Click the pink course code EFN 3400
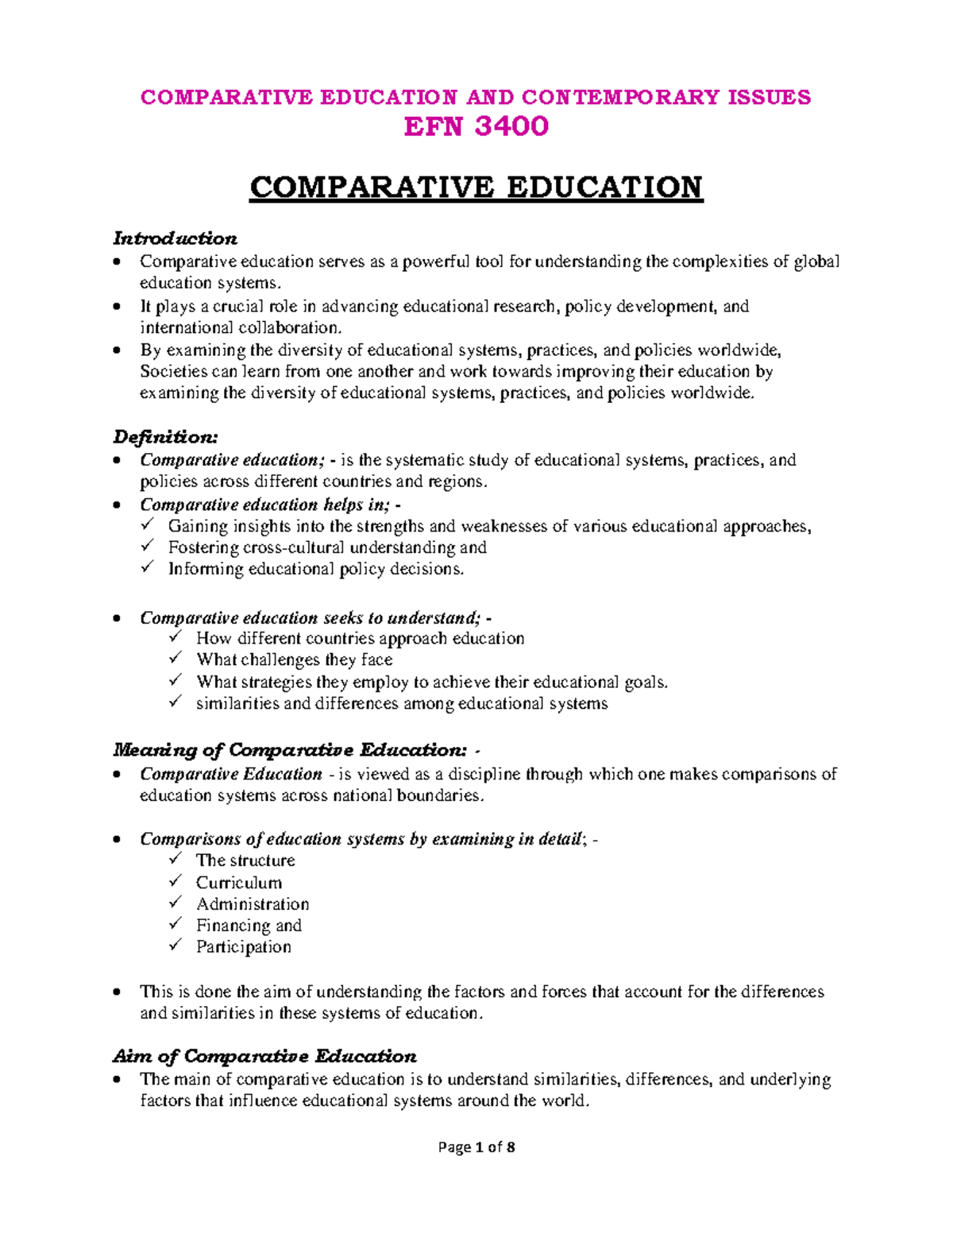[x=476, y=127]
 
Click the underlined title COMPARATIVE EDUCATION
[x=476, y=188]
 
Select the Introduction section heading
[x=175, y=238]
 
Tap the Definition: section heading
[x=165, y=437]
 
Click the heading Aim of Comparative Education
[x=264, y=1056]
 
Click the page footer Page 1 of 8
[x=476, y=1147]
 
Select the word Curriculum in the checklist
[x=238, y=883]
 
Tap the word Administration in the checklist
[x=253, y=904]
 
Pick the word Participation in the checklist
[x=243, y=947]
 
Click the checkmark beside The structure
[x=176, y=859]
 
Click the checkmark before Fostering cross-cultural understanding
[x=147, y=546]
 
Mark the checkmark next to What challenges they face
[x=176, y=659]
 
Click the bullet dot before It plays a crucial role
[x=118, y=307]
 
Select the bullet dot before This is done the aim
[x=118, y=992]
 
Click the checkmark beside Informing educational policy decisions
[x=147, y=567]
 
